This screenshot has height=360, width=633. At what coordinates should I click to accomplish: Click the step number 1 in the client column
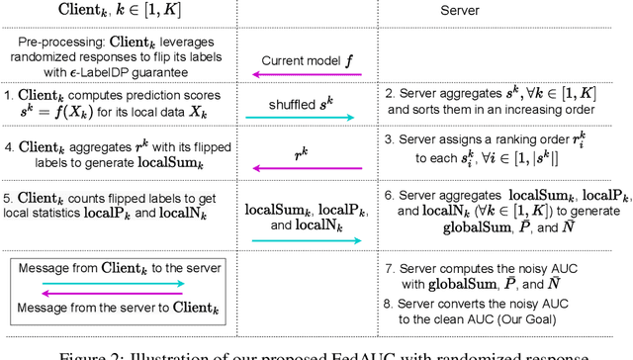(8, 97)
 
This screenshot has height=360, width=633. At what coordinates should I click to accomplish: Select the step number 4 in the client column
(8, 148)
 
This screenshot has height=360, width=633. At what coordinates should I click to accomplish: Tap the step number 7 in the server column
(390, 268)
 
